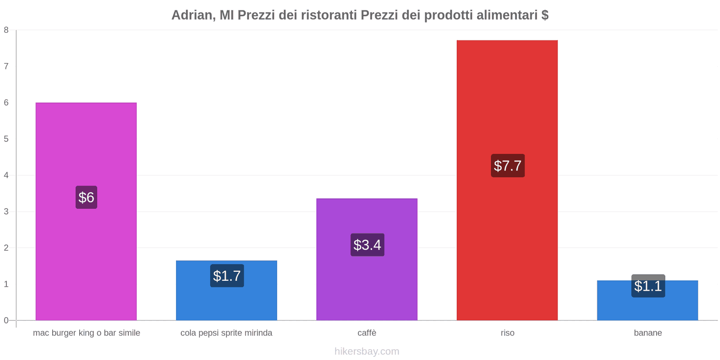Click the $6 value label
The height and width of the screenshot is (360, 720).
(x=86, y=197)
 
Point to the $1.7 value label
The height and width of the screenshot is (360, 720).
(x=227, y=276)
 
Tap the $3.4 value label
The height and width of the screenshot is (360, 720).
(x=367, y=245)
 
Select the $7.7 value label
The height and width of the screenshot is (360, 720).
(x=508, y=166)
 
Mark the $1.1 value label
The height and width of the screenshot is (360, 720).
(x=648, y=286)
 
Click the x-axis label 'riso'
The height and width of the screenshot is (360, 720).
(x=507, y=333)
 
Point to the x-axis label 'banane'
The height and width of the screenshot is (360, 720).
(x=648, y=333)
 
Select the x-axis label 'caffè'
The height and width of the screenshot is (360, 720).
(x=367, y=333)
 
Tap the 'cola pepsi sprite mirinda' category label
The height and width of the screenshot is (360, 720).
(x=226, y=333)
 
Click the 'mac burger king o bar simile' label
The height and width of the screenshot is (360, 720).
(x=86, y=333)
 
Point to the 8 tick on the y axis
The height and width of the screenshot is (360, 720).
(x=6, y=30)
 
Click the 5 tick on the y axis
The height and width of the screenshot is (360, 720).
(x=6, y=139)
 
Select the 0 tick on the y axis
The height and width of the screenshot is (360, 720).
(x=6, y=320)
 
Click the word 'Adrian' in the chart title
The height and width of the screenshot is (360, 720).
(x=192, y=15)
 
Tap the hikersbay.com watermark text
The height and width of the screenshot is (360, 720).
(x=367, y=351)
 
